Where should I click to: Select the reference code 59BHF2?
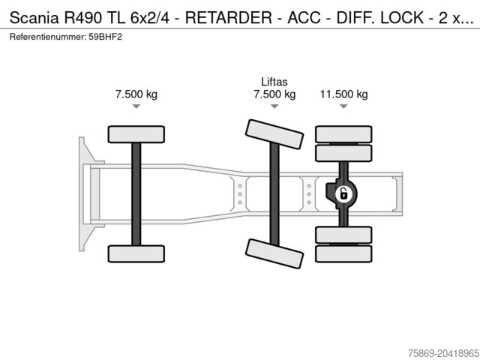click(x=104, y=36)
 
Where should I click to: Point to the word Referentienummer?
click(x=48, y=36)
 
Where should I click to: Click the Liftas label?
click(x=274, y=82)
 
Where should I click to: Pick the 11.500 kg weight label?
click(x=343, y=94)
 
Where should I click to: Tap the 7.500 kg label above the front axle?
click(x=136, y=94)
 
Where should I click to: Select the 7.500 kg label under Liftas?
click(x=274, y=94)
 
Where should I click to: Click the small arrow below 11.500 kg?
click(x=343, y=107)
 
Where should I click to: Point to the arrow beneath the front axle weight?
click(x=136, y=107)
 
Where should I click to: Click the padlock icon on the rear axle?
click(x=343, y=194)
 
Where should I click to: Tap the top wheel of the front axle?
click(x=136, y=134)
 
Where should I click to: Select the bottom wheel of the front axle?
click(x=136, y=253)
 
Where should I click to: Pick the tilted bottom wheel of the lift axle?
click(x=274, y=253)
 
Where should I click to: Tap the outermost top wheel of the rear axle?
click(x=343, y=134)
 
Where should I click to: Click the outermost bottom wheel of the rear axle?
click(x=343, y=253)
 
